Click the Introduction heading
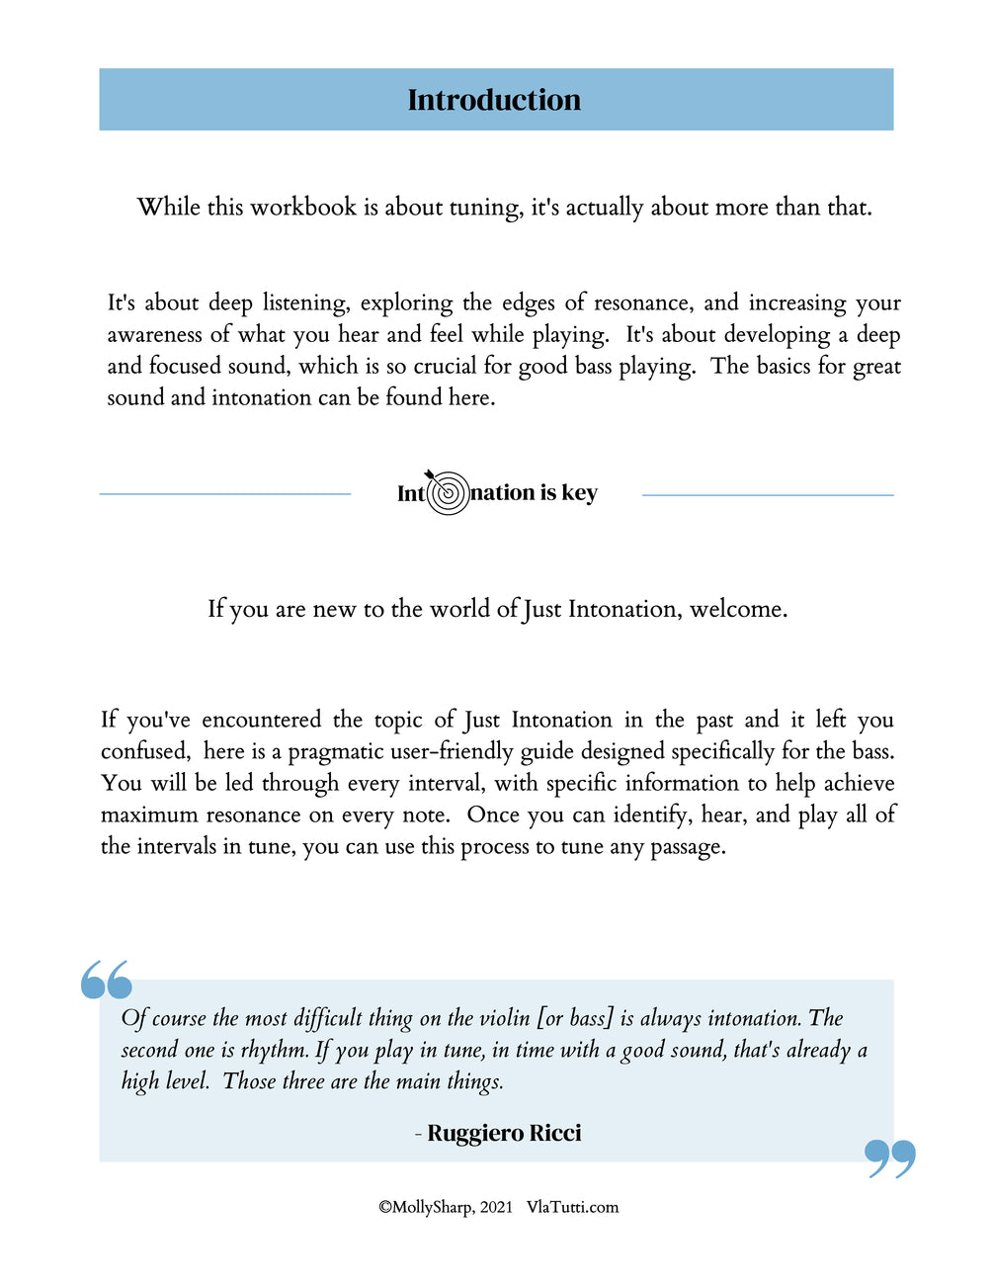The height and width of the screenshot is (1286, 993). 494,100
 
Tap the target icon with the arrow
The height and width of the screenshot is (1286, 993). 448,491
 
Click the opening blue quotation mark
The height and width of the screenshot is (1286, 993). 107,979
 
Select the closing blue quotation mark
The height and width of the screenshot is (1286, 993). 889,1157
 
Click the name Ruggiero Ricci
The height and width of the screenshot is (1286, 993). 504,1133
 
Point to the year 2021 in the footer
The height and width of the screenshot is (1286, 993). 496,1207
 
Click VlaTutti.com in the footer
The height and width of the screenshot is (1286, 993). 572,1207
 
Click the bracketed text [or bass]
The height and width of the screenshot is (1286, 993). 575,1018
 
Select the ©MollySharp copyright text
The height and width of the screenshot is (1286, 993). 425,1207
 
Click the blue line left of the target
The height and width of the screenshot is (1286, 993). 225,493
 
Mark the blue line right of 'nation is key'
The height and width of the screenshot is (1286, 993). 768,494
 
